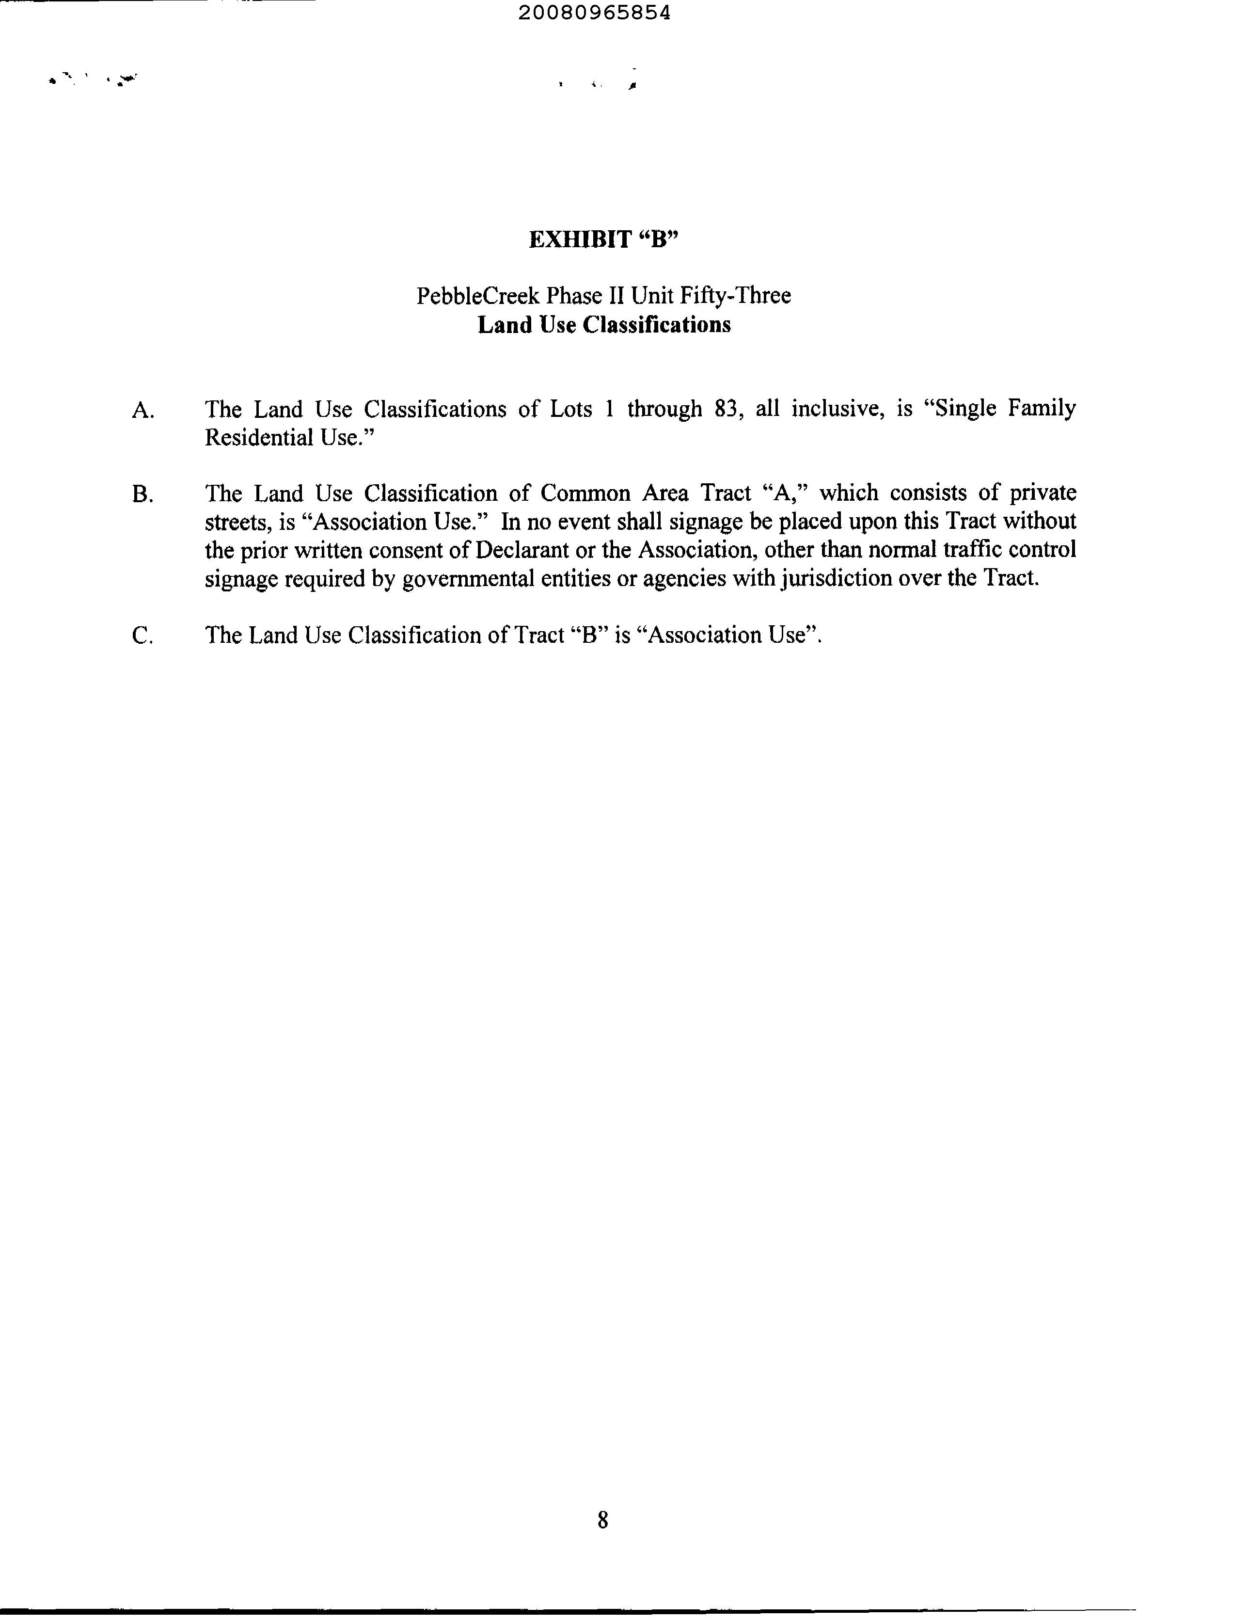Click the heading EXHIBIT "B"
point(603,239)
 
